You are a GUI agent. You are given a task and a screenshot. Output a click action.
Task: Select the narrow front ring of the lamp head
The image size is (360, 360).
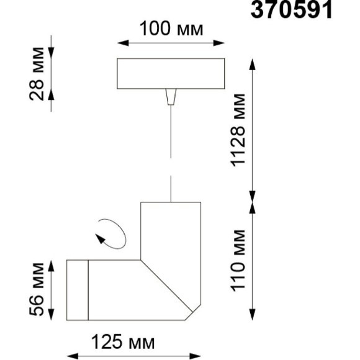[x=78, y=290]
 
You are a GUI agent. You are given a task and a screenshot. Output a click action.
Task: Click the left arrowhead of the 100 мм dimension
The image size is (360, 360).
[x=121, y=43]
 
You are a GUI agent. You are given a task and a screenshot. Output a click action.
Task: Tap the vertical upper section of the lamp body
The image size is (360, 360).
[x=170, y=230]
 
